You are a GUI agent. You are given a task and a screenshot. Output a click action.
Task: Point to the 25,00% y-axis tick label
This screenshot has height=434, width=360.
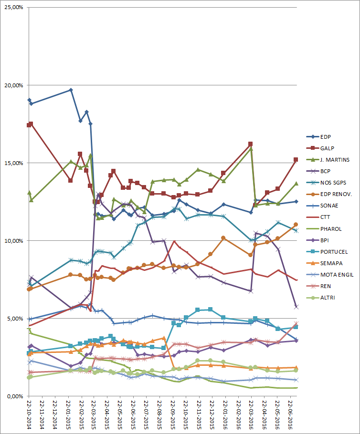point(14,8)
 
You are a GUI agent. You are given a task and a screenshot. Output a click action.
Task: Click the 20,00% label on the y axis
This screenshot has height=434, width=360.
point(14,85)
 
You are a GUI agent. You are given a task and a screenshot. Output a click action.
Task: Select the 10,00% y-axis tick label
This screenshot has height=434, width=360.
point(14,240)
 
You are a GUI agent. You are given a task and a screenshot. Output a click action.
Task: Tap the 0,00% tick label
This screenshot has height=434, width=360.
point(15,396)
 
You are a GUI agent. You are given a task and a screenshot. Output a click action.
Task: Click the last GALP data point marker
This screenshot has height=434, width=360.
point(296,159)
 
